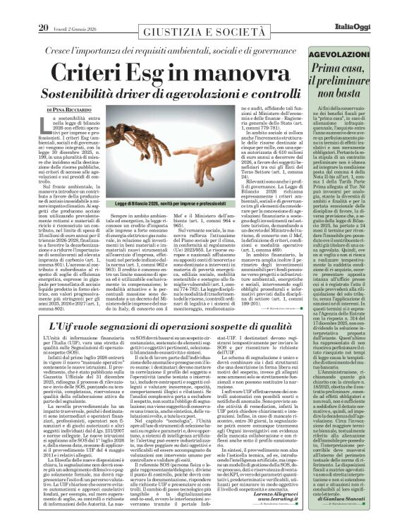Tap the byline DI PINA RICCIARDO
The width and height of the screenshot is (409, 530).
pos(44,110)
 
